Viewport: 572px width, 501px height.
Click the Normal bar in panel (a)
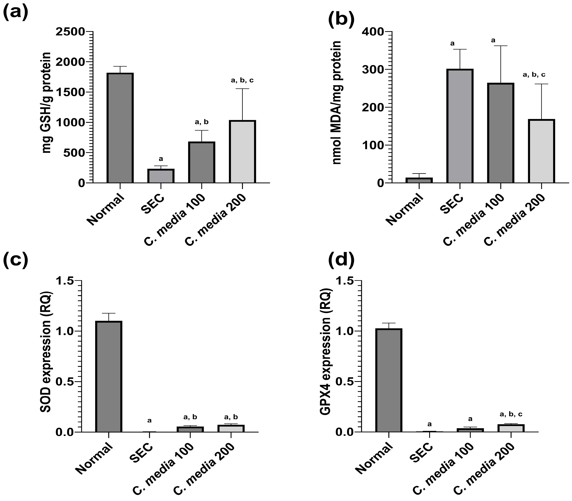click(120, 128)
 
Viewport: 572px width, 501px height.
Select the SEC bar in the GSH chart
click(161, 176)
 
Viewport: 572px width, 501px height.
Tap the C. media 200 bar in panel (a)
click(242, 152)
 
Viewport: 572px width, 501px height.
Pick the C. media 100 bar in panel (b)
click(501, 133)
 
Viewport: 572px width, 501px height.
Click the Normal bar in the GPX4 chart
click(389, 380)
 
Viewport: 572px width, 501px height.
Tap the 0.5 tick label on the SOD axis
click(65, 382)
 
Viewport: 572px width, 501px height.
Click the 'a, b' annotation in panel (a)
click(201, 122)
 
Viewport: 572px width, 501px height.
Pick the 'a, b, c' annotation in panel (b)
click(534, 75)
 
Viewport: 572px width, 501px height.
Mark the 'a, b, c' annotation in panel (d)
click(511, 414)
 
